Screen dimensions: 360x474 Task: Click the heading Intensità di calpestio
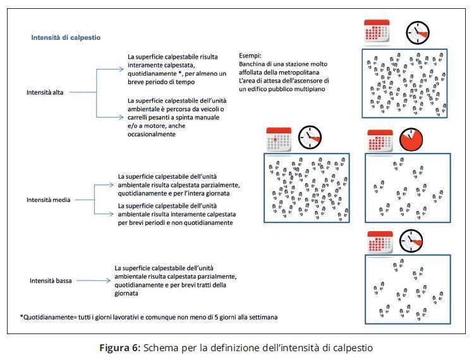pos(66,38)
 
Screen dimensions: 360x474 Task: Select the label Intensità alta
pos(49,92)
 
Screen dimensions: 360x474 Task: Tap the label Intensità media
pos(48,200)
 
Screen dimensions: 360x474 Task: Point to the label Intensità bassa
pos(51,280)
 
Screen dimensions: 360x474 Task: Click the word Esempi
pos(251,56)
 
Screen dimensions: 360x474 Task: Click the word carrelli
pos(142,117)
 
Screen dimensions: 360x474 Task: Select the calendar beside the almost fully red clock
pos(380,140)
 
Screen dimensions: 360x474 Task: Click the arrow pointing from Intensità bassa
pos(93,280)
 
